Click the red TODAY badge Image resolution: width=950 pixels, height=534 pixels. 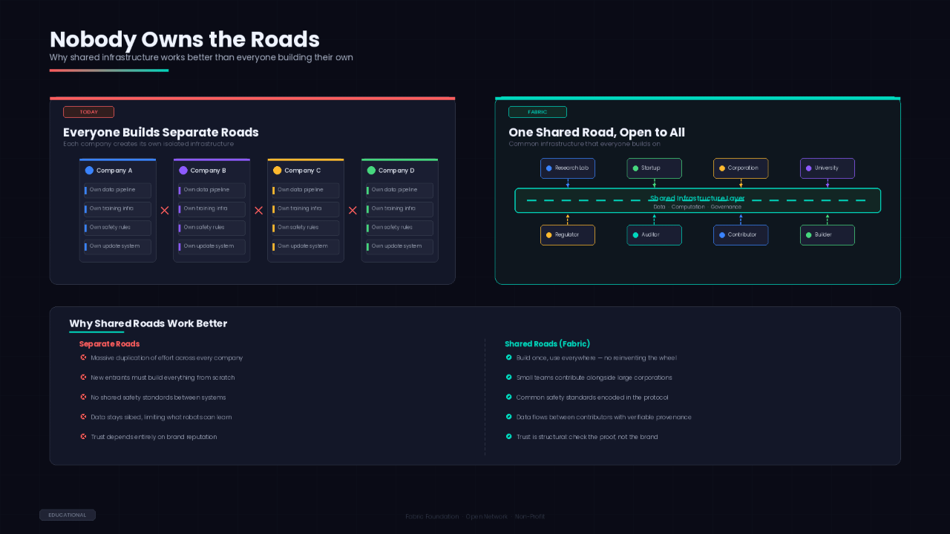88,112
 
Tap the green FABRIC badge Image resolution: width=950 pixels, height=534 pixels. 537,112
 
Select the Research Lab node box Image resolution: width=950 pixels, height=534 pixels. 568,168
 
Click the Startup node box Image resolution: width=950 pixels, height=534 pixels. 654,168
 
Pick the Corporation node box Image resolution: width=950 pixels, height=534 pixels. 741,168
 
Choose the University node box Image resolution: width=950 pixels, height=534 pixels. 827,168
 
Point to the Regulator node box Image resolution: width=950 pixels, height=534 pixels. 568,235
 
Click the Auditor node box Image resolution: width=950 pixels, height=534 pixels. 654,235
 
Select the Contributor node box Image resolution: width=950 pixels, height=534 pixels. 741,235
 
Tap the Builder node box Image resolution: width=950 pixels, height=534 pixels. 827,235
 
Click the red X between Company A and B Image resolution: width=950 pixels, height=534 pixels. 165,211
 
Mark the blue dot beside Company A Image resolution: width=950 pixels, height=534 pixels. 89,171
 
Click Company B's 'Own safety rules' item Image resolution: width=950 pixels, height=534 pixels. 212,228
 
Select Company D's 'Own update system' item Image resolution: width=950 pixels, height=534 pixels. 399,246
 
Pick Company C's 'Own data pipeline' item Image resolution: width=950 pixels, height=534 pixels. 305,190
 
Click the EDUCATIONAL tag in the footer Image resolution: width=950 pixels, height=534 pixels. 68,515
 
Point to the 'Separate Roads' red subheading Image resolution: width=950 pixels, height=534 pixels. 109,344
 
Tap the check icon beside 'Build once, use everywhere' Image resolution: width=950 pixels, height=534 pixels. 508,357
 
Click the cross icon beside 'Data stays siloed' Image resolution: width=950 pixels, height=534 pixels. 83,417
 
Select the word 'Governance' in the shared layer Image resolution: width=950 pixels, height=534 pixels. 725,207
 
